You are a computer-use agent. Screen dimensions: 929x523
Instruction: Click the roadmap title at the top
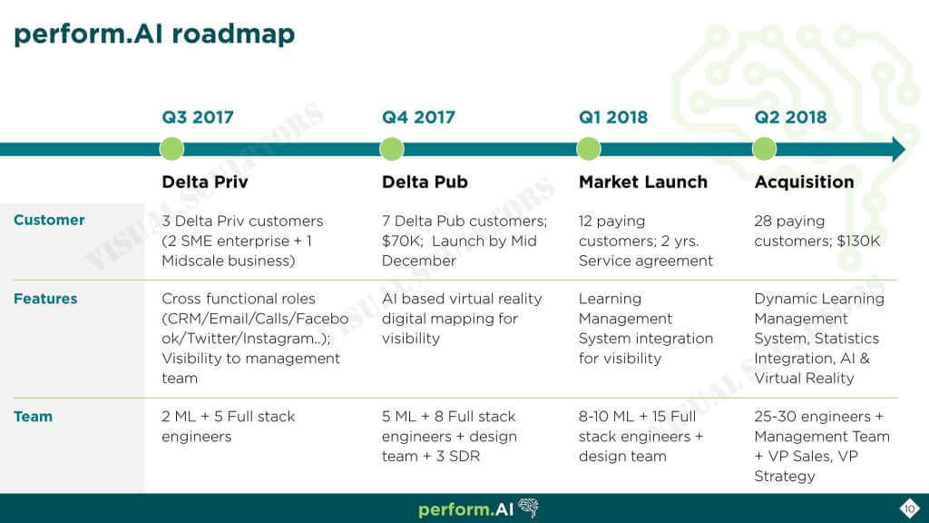(x=154, y=35)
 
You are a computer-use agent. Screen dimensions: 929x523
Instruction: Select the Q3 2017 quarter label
(x=198, y=117)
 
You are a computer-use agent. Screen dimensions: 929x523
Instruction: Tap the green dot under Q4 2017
(x=392, y=149)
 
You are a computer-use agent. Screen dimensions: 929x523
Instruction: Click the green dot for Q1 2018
(x=588, y=149)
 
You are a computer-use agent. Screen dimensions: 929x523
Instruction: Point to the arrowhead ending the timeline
(x=898, y=149)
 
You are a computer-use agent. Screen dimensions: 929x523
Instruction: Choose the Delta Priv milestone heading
(x=205, y=182)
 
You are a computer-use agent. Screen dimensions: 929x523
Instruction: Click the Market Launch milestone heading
(x=643, y=182)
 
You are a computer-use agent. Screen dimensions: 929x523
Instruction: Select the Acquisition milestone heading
(x=804, y=182)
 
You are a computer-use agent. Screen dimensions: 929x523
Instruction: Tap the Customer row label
(x=49, y=220)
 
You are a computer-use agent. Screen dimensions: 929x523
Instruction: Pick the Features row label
(x=45, y=298)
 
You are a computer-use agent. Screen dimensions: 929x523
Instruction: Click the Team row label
(x=34, y=416)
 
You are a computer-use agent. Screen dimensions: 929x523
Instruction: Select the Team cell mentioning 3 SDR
(x=449, y=437)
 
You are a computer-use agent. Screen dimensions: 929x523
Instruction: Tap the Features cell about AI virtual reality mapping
(x=462, y=319)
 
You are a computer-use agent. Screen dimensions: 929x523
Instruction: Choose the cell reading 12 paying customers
(x=646, y=241)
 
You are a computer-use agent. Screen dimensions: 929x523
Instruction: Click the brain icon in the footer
(x=529, y=508)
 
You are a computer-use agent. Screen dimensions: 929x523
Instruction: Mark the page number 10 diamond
(x=909, y=508)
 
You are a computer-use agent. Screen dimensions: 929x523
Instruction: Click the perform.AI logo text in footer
(x=465, y=509)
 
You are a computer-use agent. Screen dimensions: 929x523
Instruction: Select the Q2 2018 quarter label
(x=790, y=117)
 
